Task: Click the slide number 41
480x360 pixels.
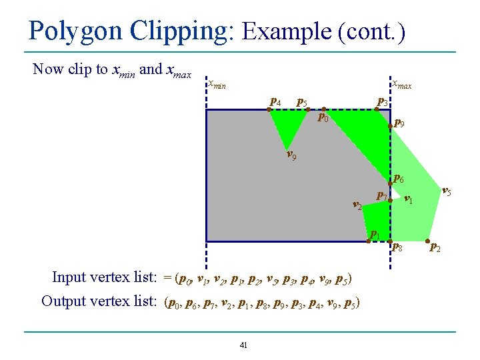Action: point(243,345)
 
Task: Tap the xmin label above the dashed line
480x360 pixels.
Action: point(217,85)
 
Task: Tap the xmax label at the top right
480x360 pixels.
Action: point(401,85)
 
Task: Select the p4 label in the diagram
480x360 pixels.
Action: point(275,101)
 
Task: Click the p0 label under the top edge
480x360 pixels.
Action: point(323,119)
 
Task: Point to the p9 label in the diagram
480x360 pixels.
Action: point(399,123)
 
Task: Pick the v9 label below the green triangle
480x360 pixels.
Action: point(291,157)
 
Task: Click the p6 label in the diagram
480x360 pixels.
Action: point(398,179)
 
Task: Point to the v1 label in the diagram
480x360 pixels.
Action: point(409,199)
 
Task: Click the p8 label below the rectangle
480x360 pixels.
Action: point(397,247)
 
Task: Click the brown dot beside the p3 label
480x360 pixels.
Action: point(377,109)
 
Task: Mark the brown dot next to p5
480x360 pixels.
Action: point(308,109)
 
